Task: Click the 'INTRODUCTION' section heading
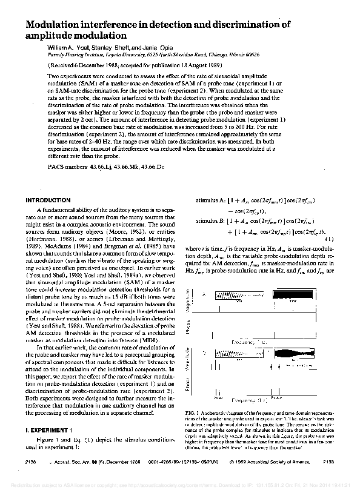[52, 200]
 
